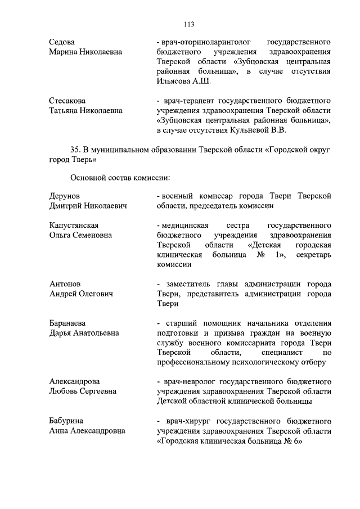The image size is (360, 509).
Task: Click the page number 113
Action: (x=188, y=24)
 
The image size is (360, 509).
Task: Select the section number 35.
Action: (x=75, y=150)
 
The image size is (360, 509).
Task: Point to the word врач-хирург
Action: (x=188, y=421)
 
